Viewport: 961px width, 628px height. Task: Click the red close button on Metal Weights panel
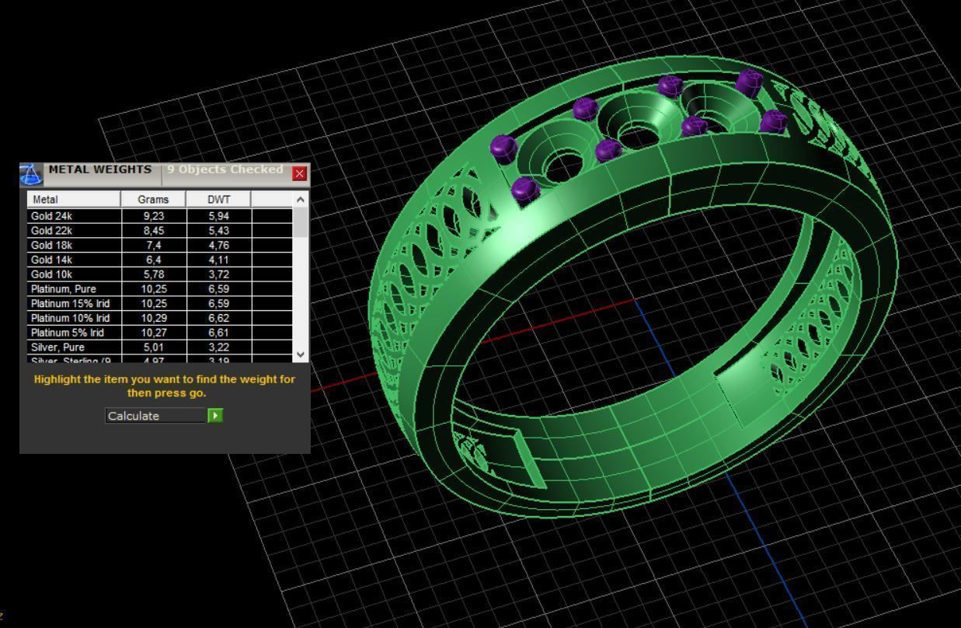(299, 174)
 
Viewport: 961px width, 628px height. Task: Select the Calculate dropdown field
(156, 416)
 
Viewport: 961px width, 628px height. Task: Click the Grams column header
(153, 200)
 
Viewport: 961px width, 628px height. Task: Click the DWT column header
(219, 200)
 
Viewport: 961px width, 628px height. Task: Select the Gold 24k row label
(74, 216)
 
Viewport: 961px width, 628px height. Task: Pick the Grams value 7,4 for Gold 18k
(153, 246)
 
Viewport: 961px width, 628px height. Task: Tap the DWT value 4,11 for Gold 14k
(219, 260)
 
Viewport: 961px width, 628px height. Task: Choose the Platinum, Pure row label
(74, 289)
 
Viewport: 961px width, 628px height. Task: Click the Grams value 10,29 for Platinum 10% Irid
(153, 318)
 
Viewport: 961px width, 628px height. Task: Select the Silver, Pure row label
(74, 347)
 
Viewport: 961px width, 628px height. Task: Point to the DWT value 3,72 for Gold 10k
(219, 274)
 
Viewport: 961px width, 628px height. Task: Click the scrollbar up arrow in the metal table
(301, 200)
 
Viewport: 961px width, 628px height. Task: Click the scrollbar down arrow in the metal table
(301, 354)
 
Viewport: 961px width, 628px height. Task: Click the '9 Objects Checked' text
(225, 169)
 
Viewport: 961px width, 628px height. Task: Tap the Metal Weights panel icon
(31, 174)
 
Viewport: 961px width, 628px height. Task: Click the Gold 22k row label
(74, 231)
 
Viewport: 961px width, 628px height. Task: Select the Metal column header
(74, 200)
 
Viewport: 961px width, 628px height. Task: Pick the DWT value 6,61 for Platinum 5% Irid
(219, 333)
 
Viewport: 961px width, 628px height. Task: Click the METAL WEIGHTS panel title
(100, 169)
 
